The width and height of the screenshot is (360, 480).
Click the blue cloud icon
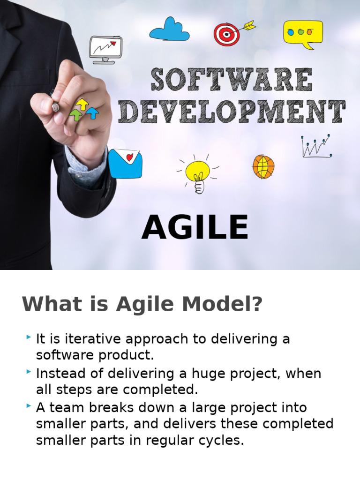(x=169, y=30)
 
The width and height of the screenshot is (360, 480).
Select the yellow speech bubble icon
(x=303, y=33)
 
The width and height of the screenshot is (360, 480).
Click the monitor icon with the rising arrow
(x=105, y=49)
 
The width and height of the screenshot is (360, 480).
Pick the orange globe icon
(x=263, y=166)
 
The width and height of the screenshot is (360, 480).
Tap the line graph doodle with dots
(x=316, y=146)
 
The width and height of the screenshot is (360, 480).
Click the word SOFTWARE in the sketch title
(x=232, y=80)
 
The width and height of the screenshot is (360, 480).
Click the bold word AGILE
(x=195, y=228)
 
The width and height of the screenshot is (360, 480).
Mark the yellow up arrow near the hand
(x=82, y=104)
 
